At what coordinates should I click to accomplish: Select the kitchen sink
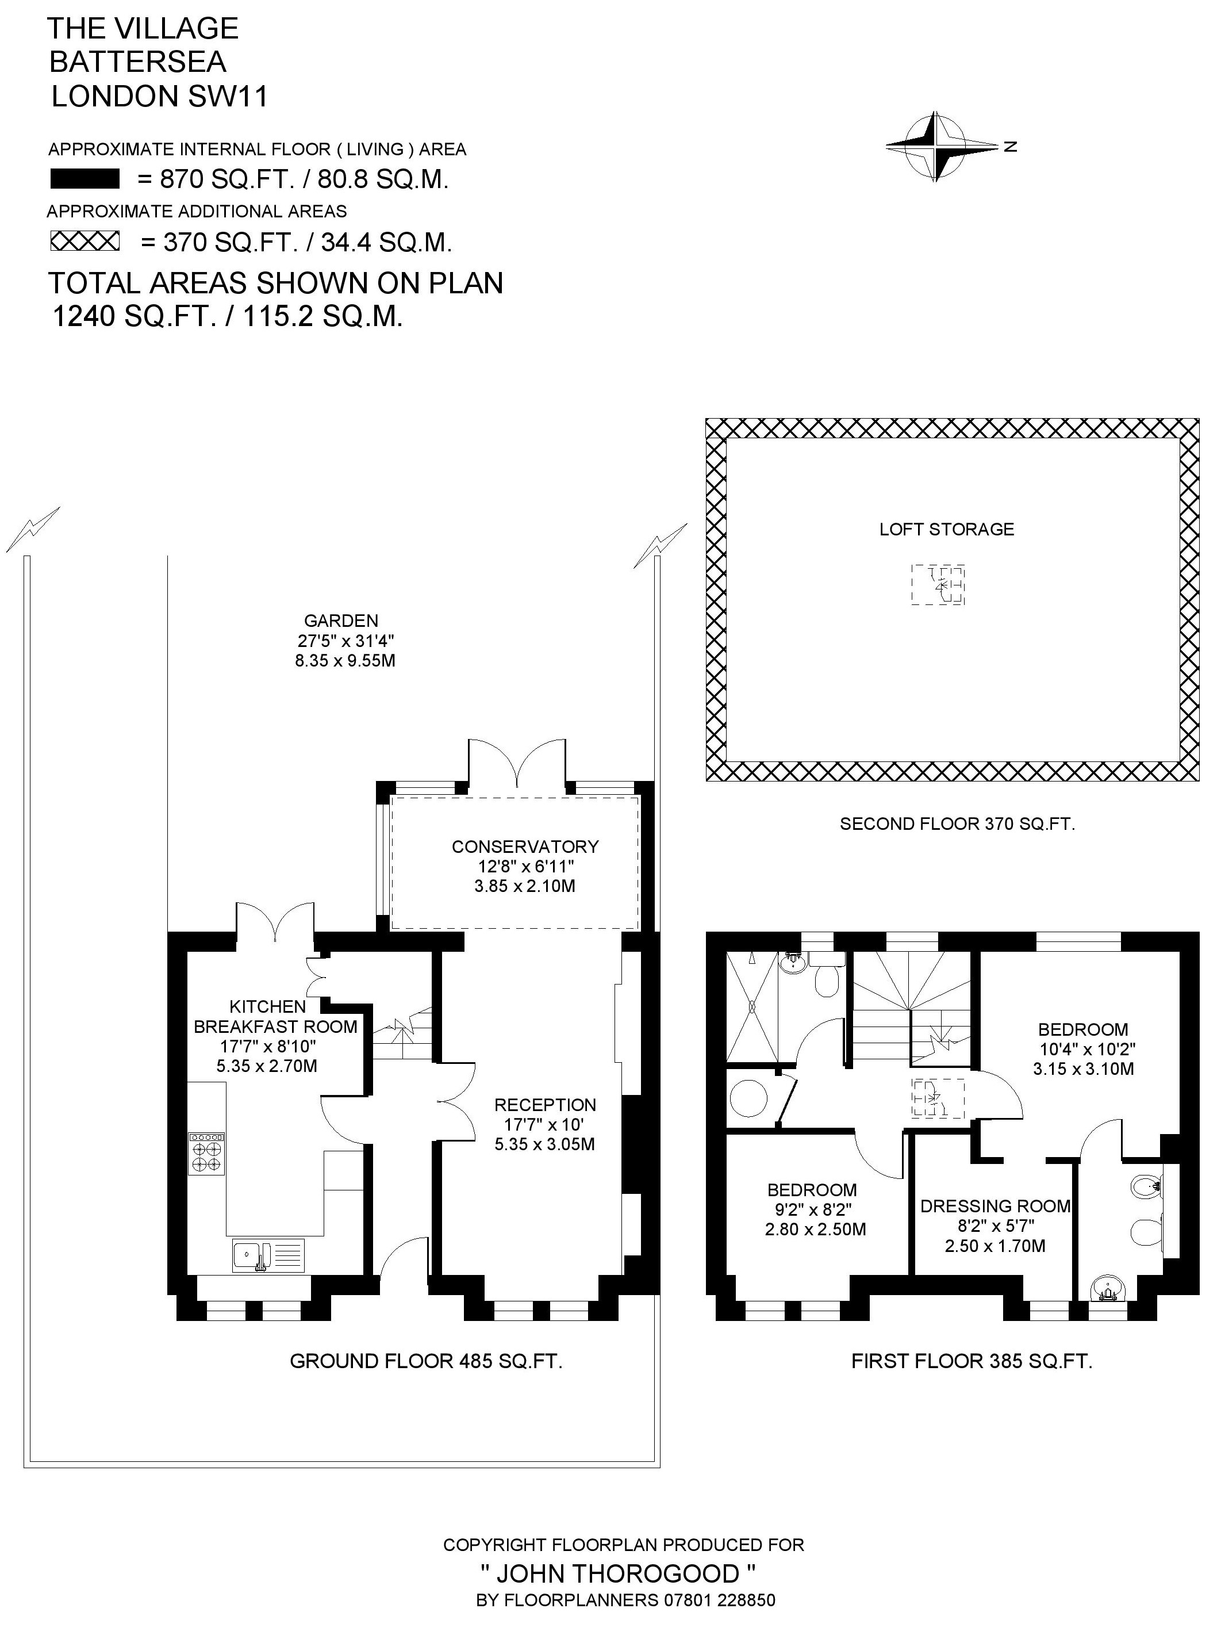coord(267,1255)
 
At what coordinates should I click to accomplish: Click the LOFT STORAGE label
coord(946,529)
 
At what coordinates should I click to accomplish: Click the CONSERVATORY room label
coord(525,847)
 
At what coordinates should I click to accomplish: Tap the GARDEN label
coord(341,621)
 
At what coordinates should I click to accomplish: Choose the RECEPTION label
coord(545,1105)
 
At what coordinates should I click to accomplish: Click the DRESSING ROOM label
coord(995,1207)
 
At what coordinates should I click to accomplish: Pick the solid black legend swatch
coord(85,179)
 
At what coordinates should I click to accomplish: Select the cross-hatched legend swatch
coord(85,241)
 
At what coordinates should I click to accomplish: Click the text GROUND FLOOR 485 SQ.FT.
coord(426,1361)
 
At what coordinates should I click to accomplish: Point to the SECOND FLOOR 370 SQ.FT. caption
coord(957,824)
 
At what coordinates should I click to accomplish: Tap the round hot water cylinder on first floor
coord(748,1098)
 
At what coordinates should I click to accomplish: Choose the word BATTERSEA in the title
coord(137,62)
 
